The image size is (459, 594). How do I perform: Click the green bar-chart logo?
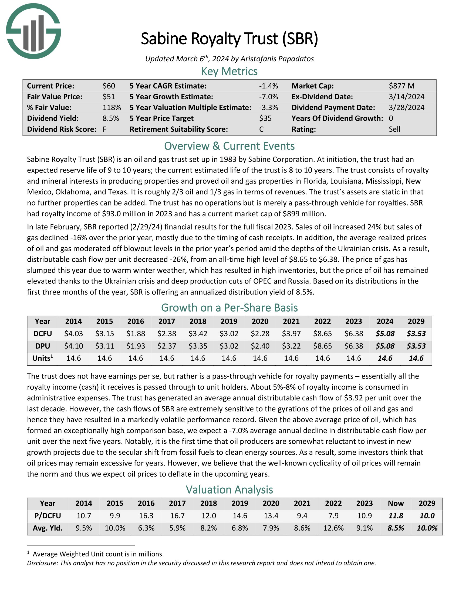(x=33, y=31)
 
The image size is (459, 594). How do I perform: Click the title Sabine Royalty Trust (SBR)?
(x=229, y=39)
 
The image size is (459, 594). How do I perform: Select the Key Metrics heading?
(x=229, y=71)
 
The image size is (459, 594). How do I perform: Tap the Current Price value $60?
(x=109, y=86)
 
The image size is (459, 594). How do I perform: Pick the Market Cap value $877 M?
(x=401, y=86)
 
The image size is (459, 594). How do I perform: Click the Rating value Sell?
(x=394, y=129)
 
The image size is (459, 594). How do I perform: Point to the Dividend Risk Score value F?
(x=104, y=129)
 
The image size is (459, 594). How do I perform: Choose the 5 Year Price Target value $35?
(x=265, y=118)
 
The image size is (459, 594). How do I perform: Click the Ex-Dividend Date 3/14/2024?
(x=406, y=97)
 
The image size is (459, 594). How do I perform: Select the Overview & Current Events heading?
(x=229, y=146)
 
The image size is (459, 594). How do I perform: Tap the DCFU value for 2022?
(x=322, y=333)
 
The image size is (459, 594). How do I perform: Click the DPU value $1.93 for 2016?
(x=136, y=346)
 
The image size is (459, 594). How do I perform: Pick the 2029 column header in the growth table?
(x=416, y=321)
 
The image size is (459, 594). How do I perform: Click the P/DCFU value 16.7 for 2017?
(x=177, y=516)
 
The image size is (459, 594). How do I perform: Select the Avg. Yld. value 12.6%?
(x=333, y=528)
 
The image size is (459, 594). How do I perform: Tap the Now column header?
(x=396, y=504)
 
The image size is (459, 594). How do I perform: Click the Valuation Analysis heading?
(x=229, y=490)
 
